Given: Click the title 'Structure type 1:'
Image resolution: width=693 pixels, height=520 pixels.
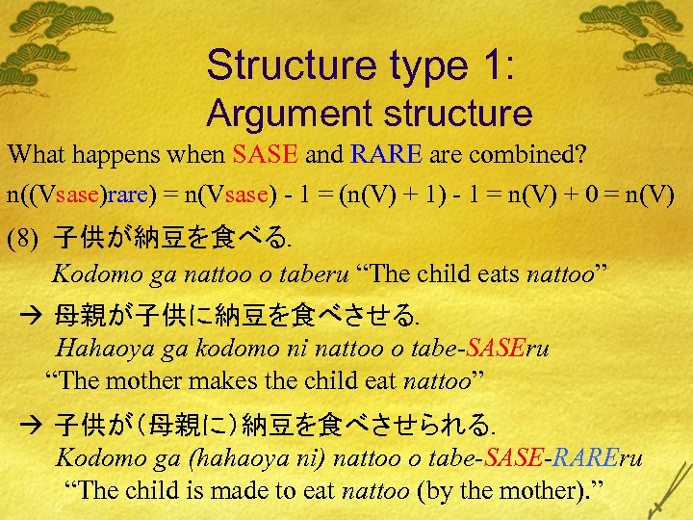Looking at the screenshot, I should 361,65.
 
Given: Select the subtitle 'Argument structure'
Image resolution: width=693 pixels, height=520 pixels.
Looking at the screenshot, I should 369,114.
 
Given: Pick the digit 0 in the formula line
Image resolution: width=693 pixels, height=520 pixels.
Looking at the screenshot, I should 613,194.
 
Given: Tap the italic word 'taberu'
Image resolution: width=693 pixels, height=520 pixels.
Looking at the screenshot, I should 312,273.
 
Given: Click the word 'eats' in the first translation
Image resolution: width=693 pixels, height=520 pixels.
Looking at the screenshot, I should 492,273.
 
